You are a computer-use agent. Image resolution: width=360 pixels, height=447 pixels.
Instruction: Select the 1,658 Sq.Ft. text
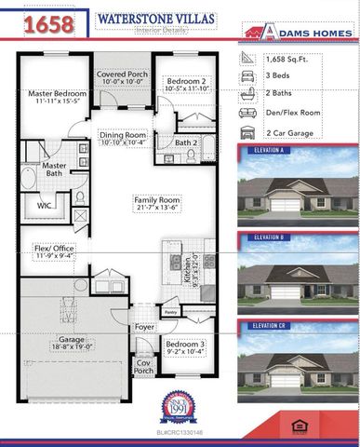coord(286,59)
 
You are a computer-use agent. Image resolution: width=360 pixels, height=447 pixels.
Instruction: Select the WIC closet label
coord(45,205)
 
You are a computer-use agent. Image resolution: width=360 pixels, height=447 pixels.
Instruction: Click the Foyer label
coord(144,328)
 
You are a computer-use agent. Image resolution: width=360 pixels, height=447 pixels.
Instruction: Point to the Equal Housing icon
coord(299,427)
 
